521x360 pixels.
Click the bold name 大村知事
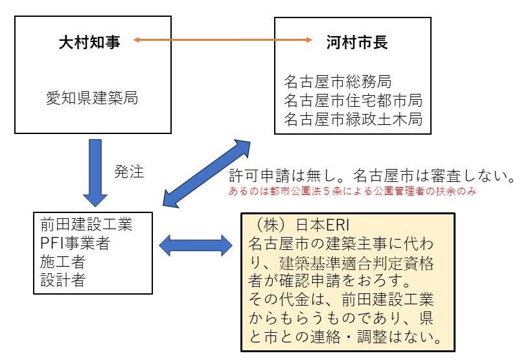[x=89, y=43]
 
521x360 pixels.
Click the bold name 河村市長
[x=357, y=43]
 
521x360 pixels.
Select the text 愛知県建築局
[x=92, y=98]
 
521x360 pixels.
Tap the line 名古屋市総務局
[x=338, y=82]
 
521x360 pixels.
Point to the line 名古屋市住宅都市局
[x=353, y=100]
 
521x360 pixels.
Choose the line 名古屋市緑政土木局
[x=353, y=119]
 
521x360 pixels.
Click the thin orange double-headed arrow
[x=223, y=40]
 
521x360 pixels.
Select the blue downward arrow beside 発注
[x=95, y=173]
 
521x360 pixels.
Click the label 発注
[x=129, y=172]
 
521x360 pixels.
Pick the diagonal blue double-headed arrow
[x=206, y=174]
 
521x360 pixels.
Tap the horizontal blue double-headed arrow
[x=196, y=245]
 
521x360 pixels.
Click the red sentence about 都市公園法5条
[x=353, y=191]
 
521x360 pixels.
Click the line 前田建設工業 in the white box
[x=86, y=224]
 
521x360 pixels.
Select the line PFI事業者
[x=75, y=243]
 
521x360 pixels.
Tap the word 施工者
[x=63, y=262]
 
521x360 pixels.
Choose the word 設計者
[x=63, y=280]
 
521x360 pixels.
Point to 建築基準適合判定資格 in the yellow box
[x=356, y=263]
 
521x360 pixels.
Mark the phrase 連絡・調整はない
[x=376, y=337]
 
